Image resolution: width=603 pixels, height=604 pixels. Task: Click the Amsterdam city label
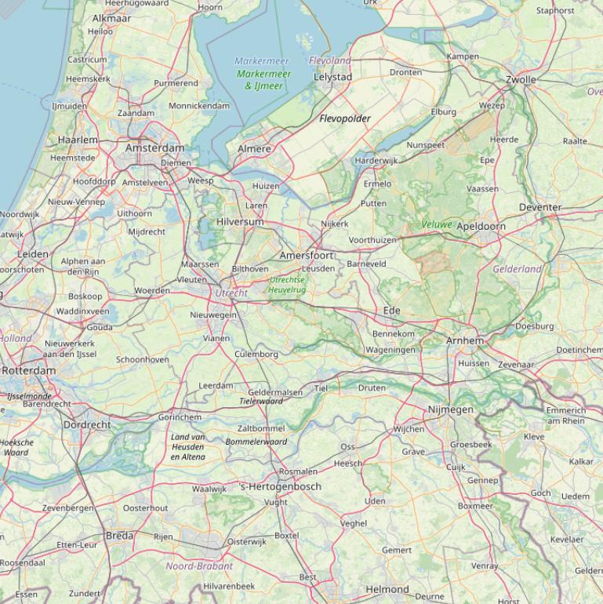pyautogui.click(x=154, y=147)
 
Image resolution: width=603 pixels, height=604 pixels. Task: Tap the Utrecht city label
pyautogui.click(x=231, y=293)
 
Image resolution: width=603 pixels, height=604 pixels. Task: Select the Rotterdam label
pyautogui.click(x=28, y=370)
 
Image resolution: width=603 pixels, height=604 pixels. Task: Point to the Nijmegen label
pyautogui.click(x=450, y=409)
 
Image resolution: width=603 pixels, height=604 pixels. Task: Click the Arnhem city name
pyautogui.click(x=465, y=340)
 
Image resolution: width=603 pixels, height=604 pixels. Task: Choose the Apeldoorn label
pyautogui.click(x=481, y=226)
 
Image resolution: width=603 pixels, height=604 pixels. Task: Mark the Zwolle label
pyautogui.click(x=521, y=79)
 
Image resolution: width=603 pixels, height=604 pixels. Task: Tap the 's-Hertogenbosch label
pyautogui.click(x=280, y=486)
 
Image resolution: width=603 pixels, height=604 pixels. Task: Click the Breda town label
pyautogui.click(x=119, y=536)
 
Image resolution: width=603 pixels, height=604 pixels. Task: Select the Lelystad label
pyautogui.click(x=332, y=77)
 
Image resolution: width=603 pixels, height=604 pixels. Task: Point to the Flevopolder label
pyautogui.click(x=345, y=118)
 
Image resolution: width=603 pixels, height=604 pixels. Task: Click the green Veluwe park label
pyautogui.click(x=436, y=224)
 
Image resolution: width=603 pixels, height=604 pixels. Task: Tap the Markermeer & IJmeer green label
pyautogui.click(x=263, y=79)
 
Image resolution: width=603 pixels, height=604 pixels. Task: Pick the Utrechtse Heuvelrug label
pyautogui.click(x=287, y=285)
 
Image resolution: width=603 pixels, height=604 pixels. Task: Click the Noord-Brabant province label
pyautogui.click(x=199, y=566)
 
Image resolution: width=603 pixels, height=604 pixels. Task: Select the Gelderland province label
pyautogui.click(x=517, y=269)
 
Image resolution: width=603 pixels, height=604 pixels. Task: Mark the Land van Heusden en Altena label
pyautogui.click(x=187, y=446)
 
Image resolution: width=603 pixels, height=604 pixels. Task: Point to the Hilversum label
pyautogui.click(x=240, y=222)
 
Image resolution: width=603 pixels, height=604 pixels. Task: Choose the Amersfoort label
pyautogui.click(x=307, y=255)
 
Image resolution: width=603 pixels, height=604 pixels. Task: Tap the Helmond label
pyautogui.click(x=387, y=589)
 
